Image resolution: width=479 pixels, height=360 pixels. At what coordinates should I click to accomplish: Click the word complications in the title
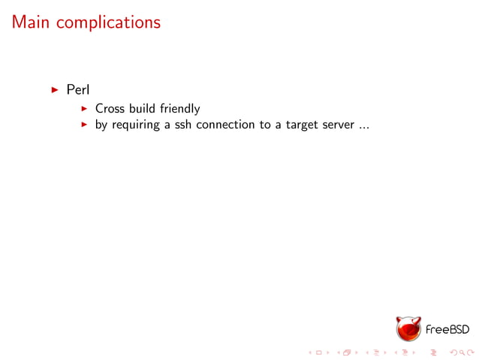108,23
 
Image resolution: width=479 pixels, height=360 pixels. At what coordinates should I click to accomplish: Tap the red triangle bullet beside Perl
55,90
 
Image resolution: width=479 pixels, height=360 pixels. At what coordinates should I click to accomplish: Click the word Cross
110,109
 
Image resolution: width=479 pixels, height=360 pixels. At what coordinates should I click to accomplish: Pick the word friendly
179,109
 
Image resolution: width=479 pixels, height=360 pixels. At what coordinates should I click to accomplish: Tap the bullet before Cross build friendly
85,109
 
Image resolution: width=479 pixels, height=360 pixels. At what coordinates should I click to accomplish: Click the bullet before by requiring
85,125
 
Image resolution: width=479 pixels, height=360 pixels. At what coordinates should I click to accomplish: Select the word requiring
137,125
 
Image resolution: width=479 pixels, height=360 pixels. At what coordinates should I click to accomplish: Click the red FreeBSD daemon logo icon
408,328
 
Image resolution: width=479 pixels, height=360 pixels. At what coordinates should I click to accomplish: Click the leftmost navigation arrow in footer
311,352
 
